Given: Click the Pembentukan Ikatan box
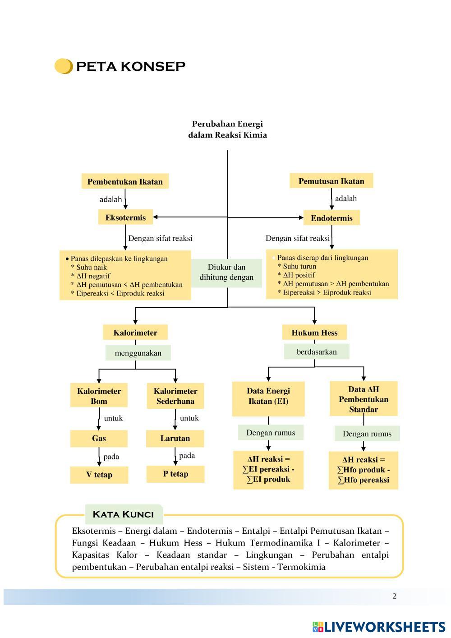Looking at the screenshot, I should click(125, 181).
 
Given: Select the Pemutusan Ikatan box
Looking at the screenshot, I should click(331, 181).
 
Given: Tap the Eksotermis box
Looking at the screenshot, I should click(125, 217).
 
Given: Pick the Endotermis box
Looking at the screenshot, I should click(331, 218).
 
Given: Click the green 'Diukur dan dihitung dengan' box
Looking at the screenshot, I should click(226, 273).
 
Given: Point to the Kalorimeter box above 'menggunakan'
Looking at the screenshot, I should click(135, 333).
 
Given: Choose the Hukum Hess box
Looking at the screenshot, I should click(314, 333).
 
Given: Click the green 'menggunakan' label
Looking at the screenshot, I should click(138, 353).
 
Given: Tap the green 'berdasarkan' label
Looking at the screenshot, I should click(317, 351).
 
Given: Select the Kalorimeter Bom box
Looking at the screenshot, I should click(99, 396).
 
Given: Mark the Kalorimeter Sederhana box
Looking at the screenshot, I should click(175, 396).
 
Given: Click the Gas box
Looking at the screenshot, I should click(99, 438).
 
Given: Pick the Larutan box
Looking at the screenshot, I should click(175, 438).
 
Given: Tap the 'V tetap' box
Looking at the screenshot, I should click(99, 474).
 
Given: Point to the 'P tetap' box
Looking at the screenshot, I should click(175, 474).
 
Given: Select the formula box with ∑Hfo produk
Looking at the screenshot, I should click(363, 470).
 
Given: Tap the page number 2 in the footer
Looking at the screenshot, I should click(394, 596).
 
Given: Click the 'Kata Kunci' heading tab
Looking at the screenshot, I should click(123, 514).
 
